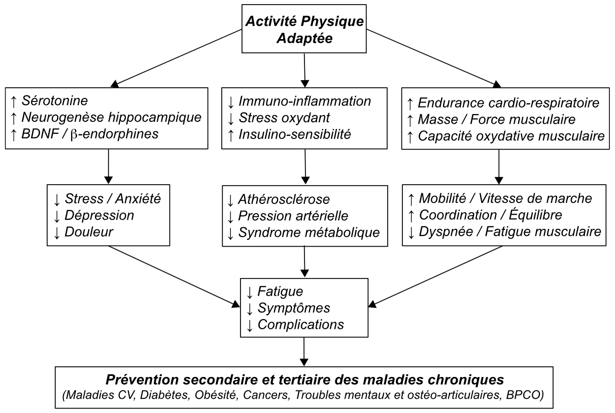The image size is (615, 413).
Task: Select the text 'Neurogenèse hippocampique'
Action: (112, 118)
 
